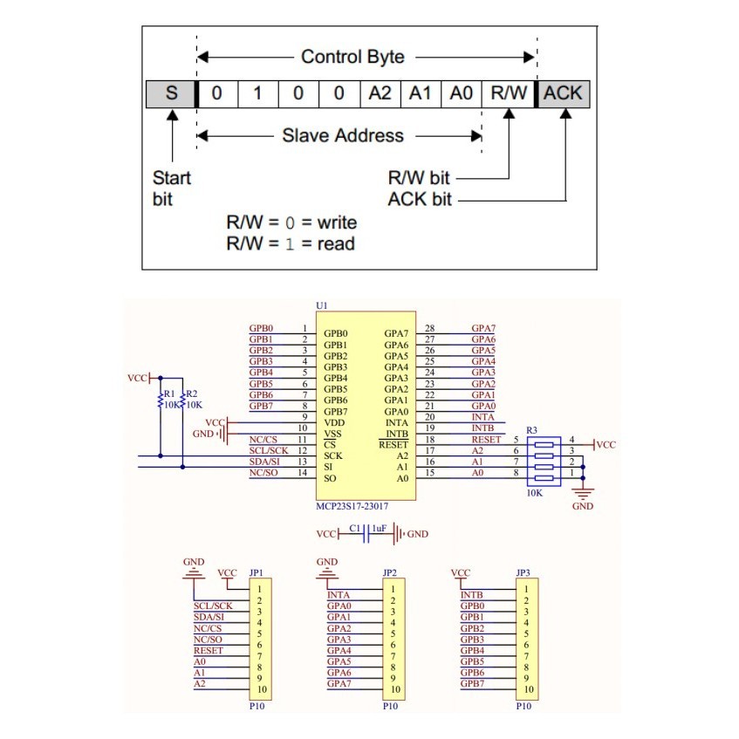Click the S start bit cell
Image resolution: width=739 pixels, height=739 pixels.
pyautogui.click(x=171, y=92)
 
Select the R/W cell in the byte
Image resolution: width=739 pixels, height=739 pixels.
pyautogui.click(x=509, y=92)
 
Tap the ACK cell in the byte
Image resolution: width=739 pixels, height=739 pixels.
pyautogui.click(x=565, y=92)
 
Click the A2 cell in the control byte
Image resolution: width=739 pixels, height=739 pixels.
pyautogui.click(x=380, y=92)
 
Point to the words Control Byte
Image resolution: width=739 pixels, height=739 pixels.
pyautogui.click(x=352, y=57)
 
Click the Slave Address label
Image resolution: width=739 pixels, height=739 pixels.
pyautogui.click(x=343, y=135)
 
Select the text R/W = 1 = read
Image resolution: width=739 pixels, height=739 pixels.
pyautogui.click(x=291, y=243)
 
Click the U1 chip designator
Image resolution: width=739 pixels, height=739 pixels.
pyautogui.click(x=323, y=307)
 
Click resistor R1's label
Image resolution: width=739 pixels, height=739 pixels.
pyautogui.click(x=168, y=393)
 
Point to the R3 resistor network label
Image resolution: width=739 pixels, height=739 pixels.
pyautogui.click(x=530, y=429)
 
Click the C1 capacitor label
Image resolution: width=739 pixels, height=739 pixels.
pyautogui.click(x=354, y=528)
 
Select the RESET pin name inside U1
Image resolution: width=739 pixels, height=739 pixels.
pyautogui.click(x=393, y=444)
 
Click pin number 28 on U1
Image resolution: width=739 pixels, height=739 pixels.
pyautogui.click(x=429, y=329)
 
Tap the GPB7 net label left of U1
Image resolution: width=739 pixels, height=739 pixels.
pyautogui.click(x=261, y=406)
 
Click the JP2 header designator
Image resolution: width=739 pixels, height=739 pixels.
pyautogui.click(x=390, y=573)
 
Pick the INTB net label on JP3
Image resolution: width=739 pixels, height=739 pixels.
pyautogui.click(x=471, y=595)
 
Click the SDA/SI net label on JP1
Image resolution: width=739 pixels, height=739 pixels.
pyautogui.click(x=209, y=618)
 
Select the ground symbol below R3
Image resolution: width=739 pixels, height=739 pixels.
pyautogui.click(x=583, y=494)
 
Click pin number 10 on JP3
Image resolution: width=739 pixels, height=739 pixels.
pyautogui.click(x=524, y=689)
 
